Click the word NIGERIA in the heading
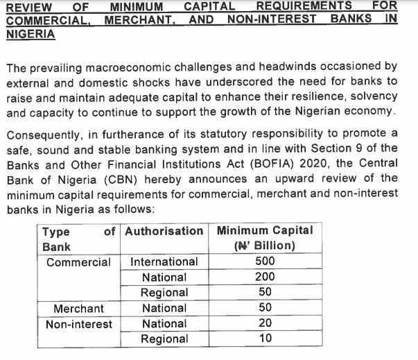[x=30, y=33]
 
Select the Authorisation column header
[x=164, y=230]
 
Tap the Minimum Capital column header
[x=265, y=230]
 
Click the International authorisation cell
[x=164, y=262]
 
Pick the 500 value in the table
[x=265, y=261]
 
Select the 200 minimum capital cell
[x=265, y=277]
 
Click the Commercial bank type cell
[x=78, y=262]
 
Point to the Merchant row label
[x=78, y=308]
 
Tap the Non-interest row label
[x=78, y=324]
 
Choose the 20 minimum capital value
[x=265, y=323]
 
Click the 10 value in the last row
[x=265, y=338]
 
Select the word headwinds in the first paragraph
[x=298, y=67]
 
